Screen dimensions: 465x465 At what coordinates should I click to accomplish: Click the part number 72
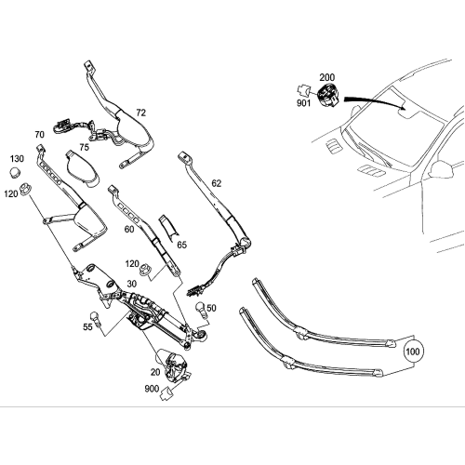[x=140, y=113]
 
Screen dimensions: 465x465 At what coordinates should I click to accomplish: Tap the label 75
[x=84, y=146]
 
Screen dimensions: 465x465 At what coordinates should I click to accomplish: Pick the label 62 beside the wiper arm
[x=217, y=183]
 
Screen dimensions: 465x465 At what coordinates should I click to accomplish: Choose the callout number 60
[x=129, y=229]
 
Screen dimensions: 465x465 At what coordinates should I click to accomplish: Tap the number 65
[x=181, y=244]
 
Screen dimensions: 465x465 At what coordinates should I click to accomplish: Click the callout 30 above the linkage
[x=132, y=284]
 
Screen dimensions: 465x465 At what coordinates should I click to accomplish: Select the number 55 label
[x=88, y=328]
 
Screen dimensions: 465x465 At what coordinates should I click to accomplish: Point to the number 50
[x=211, y=308]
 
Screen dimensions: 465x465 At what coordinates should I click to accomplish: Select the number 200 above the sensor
[x=326, y=78]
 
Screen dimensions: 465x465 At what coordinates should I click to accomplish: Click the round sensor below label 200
[x=327, y=94]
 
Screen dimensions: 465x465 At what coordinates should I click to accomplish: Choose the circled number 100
[x=413, y=352]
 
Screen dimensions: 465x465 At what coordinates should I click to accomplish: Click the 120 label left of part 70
[x=11, y=193]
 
